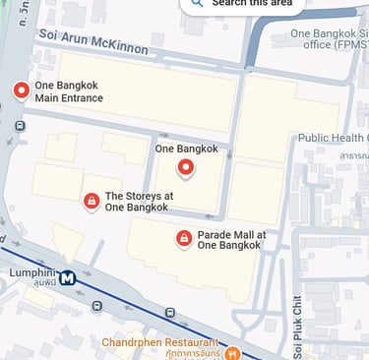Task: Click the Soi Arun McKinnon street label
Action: pos(94,41)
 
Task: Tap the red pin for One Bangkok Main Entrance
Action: pos(21,91)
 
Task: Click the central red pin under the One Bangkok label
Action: pos(185,168)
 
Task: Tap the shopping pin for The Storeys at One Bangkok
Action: pos(92,201)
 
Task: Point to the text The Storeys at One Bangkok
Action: pos(139,202)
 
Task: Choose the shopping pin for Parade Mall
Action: pos(183,238)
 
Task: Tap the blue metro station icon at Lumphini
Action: pos(67,278)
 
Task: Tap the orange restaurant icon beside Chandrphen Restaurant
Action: pos(232,352)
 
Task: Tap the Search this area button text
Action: pos(255,3)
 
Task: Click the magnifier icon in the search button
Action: pos(197,3)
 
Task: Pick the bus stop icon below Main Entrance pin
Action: pos(19,126)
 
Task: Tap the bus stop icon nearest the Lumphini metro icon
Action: pos(96,306)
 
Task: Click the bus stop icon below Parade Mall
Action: pos(170,313)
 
